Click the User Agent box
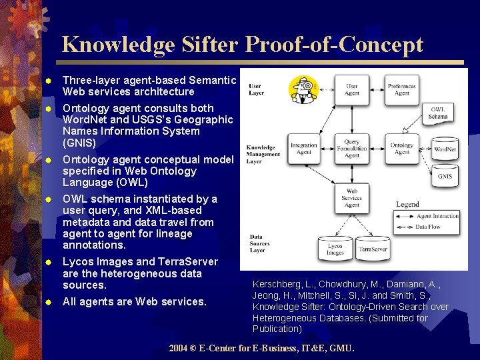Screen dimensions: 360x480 352,89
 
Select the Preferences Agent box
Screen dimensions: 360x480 401,89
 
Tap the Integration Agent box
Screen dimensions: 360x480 304,148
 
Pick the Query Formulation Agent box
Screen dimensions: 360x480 352,148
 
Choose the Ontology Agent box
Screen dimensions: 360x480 401,148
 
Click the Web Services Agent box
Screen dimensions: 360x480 352,198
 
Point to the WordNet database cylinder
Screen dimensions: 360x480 445,147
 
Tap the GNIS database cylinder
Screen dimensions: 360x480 445,175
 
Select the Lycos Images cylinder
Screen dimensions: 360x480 335,249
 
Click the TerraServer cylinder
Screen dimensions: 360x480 373,248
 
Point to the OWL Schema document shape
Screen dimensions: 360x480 438,113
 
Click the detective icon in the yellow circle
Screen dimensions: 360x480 304,89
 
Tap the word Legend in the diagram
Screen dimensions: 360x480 407,204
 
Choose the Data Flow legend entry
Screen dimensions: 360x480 427,227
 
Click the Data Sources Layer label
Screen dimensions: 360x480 261,243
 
